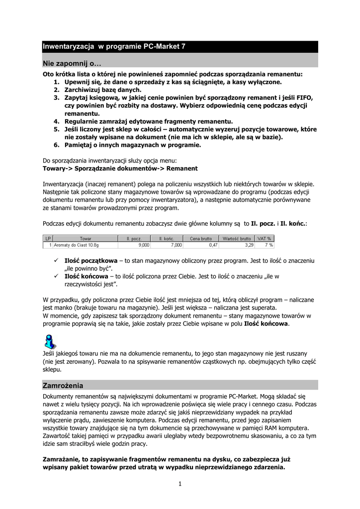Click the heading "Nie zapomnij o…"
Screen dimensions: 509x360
pyautogui.click(x=72, y=64)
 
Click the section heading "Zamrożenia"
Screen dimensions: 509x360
pyautogui.click(x=63, y=385)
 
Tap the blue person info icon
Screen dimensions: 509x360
pyautogui.click(x=50, y=341)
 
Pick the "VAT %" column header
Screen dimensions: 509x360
pyautogui.click(x=265, y=239)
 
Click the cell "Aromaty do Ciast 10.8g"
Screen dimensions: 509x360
pyautogui.click(x=77, y=245)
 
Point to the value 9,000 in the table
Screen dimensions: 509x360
pyautogui.click(x=143, y=245)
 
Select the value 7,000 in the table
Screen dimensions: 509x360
pyautogui.click(x=177, y=245)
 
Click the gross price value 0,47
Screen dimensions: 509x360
pyautogui.click(x=213, y=245)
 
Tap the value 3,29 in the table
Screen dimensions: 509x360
pyautogui.click(x=249, y=245)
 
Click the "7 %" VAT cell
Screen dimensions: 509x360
pyautogui.click(x=269, y=245)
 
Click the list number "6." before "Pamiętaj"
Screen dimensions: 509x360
pyautogui.click(x=57, y=145)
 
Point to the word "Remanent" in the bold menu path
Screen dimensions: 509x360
pyautogui.click(x=181, y=168)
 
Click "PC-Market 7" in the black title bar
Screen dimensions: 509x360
pyautogui.click(x=165, y=47)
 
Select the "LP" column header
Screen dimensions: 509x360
pyautogui.click(x=48, y=239)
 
